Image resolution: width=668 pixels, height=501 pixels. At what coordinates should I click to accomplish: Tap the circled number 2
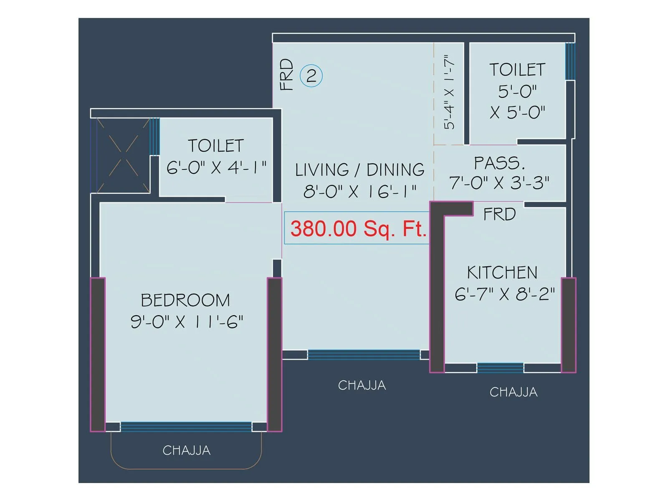[x=311, y=76]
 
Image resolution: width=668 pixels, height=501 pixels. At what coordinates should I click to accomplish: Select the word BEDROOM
[x=185, y=300]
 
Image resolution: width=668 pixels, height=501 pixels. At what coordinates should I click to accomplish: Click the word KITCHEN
[x=502, y=273]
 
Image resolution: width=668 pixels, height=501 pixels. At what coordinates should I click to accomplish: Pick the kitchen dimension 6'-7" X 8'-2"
[x=505, y=294]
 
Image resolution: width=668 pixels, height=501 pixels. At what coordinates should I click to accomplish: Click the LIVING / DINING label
[x=360, y=170]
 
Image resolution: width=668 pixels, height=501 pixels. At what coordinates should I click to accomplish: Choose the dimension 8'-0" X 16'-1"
[x=360, y=191]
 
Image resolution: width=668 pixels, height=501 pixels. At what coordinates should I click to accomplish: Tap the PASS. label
[x=499, y=163]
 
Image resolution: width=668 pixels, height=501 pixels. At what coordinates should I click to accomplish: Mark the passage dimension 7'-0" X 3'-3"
[x=499, y=183]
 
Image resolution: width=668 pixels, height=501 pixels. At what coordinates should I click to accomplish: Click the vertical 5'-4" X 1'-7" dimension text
[x=449, y=92]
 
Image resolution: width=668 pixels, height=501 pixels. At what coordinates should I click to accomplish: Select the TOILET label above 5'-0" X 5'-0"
[x=517, y=70]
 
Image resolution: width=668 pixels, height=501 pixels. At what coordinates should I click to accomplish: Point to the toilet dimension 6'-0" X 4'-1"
[x=216, y=167]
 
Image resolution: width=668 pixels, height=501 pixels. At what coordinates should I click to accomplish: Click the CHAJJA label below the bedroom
[x=187, y=450]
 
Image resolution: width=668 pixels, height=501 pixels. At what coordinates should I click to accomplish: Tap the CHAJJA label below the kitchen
[x=514, y=392]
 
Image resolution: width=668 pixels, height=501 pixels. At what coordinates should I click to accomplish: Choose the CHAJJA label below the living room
[x=362, y=385]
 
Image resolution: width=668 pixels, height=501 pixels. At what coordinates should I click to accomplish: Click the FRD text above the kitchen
[x=499, y=214]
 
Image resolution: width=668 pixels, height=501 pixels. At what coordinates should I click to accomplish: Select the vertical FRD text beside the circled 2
[x=286, y=75]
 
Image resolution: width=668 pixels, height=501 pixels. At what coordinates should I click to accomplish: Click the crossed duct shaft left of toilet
[x=123, y=155]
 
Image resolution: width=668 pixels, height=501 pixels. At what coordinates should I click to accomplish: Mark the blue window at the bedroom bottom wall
[x=186, y=427]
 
